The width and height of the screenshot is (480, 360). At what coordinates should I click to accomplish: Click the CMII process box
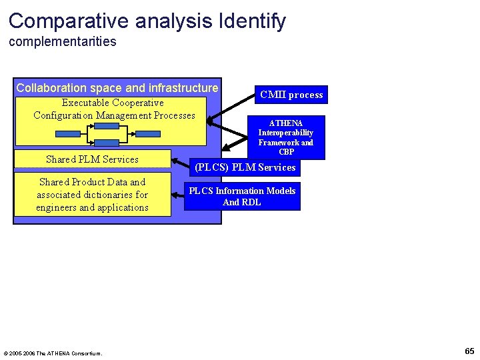click(291, 95)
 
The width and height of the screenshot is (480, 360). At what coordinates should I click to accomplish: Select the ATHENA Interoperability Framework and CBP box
click(285, 137)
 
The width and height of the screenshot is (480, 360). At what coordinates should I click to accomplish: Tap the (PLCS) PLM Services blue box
click(245, 167)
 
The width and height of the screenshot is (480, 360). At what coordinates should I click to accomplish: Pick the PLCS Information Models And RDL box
click(242, 196)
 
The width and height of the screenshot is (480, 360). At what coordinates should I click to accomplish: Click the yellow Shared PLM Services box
click(92, 159)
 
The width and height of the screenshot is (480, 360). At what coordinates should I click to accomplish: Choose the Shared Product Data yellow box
click(92, 195)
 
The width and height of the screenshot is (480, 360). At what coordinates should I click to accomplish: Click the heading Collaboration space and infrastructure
click(117, 88)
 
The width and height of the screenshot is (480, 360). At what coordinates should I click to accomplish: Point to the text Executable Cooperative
click(113, 103)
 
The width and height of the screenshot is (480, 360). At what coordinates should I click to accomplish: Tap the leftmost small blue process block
click(68, 133)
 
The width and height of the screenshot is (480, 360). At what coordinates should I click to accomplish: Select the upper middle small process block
click(107, 127)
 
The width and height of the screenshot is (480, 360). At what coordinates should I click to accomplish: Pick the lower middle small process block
click(107, 142)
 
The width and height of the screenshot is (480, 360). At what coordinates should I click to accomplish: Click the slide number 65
click(469, 351)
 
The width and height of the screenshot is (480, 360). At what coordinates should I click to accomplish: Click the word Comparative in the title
click(69, 21)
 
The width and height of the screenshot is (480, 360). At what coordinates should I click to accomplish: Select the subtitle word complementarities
click(63, 42)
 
